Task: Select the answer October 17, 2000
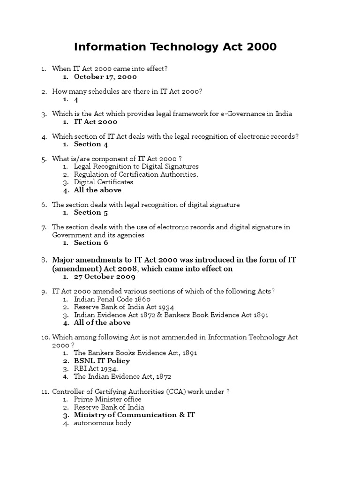105,76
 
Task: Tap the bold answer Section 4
91,144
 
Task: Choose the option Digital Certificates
103,182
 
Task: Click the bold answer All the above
97,190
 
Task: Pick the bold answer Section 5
91,212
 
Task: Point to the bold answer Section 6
91,242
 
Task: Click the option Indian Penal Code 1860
112,299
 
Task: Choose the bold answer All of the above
102,322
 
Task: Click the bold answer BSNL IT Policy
102,361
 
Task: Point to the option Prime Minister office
107,399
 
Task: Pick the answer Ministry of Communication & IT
134,415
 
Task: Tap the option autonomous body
102,423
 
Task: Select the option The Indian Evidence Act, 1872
124,376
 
